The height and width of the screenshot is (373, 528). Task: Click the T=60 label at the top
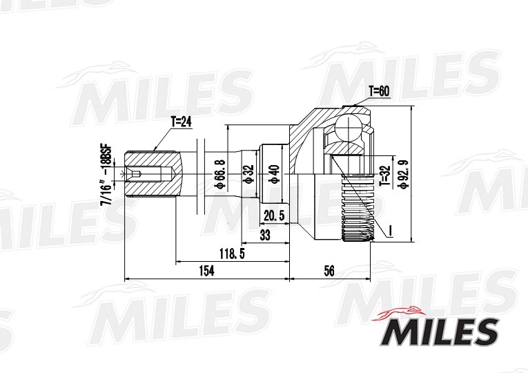click(x=379, y=90)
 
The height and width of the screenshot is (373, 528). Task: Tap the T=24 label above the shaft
click(x=180, y=122)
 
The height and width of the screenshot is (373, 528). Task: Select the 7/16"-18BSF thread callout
click(x=106, y=175)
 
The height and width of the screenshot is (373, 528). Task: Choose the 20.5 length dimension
click(x=274, y=216)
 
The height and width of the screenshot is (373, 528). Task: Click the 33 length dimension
click(x=264, y=235)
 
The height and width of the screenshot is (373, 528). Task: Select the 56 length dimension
click(x=329, y=271)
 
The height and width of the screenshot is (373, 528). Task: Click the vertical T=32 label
click(x=385, y=175)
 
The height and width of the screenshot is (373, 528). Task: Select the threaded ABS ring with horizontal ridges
click(x=358, y=207)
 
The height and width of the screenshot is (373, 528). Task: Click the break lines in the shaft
click(x=201, y=173)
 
